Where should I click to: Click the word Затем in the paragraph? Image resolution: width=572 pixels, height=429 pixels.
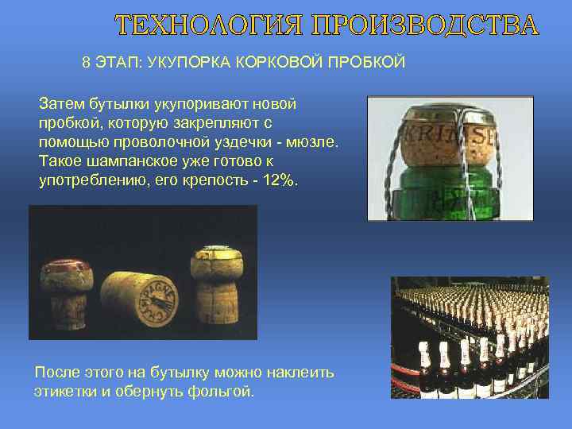pyautogui.click(x=60, y=105)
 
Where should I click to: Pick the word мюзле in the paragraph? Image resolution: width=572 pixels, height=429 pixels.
pyautogui.click(x=314, y=141)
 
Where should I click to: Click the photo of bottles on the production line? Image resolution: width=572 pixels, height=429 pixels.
pyautogui.click(x=470, y=337)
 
